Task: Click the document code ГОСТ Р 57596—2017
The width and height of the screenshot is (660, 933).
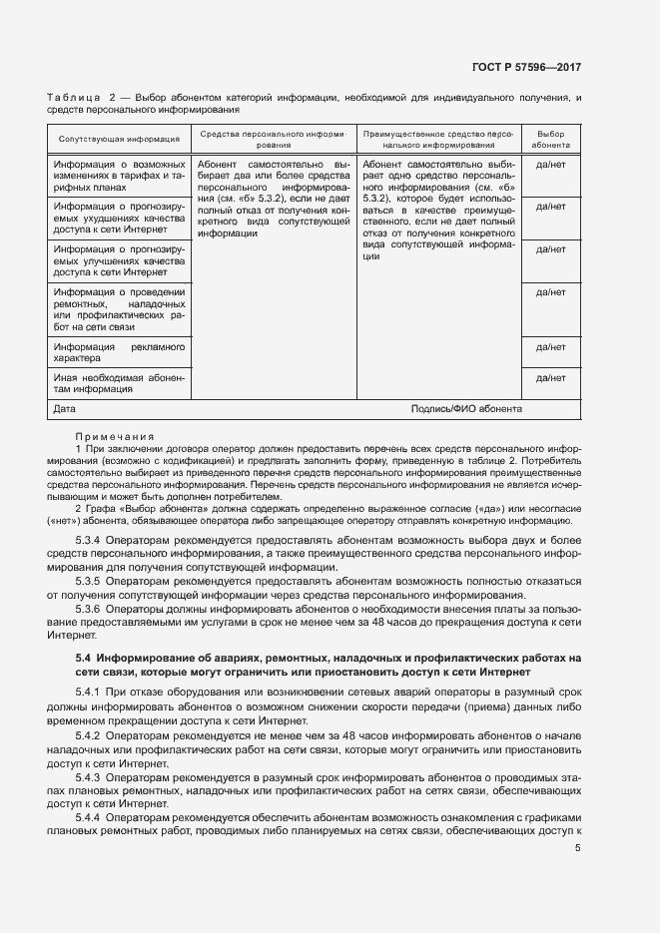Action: tap(525, 67)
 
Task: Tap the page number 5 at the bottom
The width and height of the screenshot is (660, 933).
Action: tap(578, 848)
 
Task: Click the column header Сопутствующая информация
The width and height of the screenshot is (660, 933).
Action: tap(118, 140)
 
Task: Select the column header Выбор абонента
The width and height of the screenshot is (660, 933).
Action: tap(550, 139)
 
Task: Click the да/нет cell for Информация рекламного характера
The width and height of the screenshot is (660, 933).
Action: tap(550, 347)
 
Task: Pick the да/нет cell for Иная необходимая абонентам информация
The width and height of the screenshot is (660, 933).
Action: tap(550, 378)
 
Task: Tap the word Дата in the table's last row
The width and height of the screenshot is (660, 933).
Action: tap(65, 409)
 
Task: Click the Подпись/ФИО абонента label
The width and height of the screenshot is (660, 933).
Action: tap(465, 409)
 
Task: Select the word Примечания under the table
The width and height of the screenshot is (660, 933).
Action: tap(114, 436)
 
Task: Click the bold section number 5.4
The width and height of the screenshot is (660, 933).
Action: tap(83, 659)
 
